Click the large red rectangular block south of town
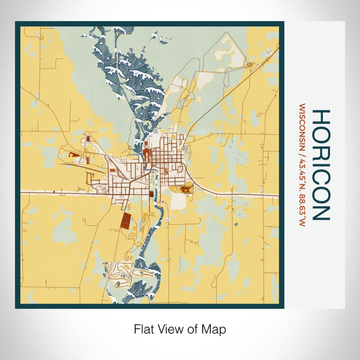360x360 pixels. (125, 221)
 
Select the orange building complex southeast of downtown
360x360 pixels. (185, 190)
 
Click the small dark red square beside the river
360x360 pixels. (151, 194)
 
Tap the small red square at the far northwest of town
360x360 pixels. (86, 139)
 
